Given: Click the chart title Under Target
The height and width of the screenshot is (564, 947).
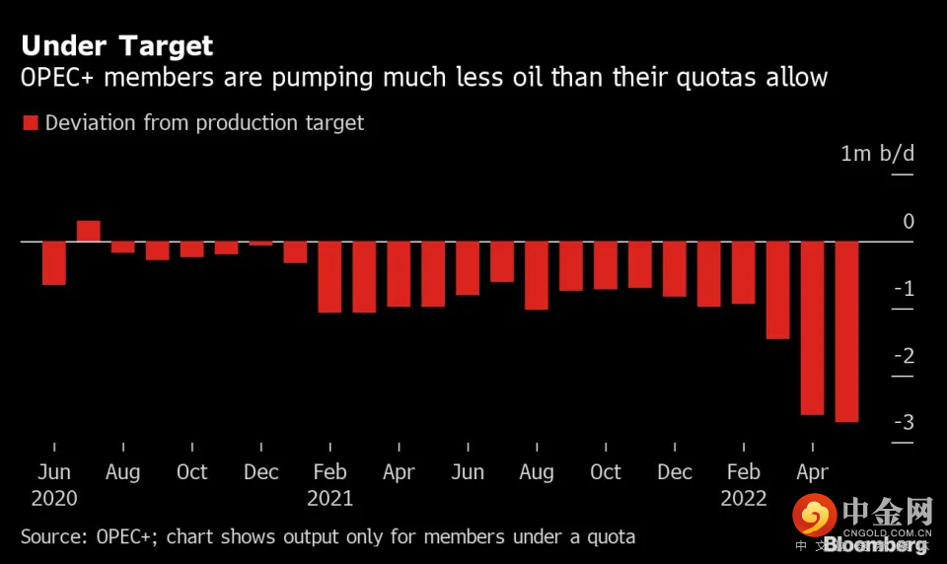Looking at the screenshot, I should pos(116,45).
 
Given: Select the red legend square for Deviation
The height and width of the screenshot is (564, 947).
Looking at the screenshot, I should pos(30,123).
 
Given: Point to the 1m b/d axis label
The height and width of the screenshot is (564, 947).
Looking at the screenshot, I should pos(877,154).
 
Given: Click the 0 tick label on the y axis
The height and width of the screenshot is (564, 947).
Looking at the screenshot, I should pos(909,222).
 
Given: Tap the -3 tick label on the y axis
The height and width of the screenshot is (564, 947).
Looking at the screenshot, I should pos(903,423).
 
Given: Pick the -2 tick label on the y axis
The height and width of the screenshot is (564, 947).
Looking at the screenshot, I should pos(903,356).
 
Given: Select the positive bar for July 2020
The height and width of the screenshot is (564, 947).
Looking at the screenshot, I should pos(89,231).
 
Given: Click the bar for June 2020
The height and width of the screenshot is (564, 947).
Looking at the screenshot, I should pos(54,263).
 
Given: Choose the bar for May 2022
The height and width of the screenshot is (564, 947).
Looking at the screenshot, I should pos(846,331).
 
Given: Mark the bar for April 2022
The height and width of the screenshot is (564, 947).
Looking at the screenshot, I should pos(812,327).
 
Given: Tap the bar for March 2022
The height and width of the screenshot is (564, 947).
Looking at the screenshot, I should pos(777,290).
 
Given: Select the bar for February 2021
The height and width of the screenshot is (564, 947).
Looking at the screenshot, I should pos(329,277).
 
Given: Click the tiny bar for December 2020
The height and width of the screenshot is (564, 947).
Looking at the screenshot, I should pos(260,244).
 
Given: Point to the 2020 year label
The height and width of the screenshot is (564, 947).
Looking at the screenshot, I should pos(54,498).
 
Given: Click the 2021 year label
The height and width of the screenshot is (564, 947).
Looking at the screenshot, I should pos(329,498).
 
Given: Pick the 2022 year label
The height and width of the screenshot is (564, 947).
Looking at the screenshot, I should pos(743,498).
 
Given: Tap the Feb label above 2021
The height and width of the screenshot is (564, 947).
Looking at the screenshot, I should pos(329,472).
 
